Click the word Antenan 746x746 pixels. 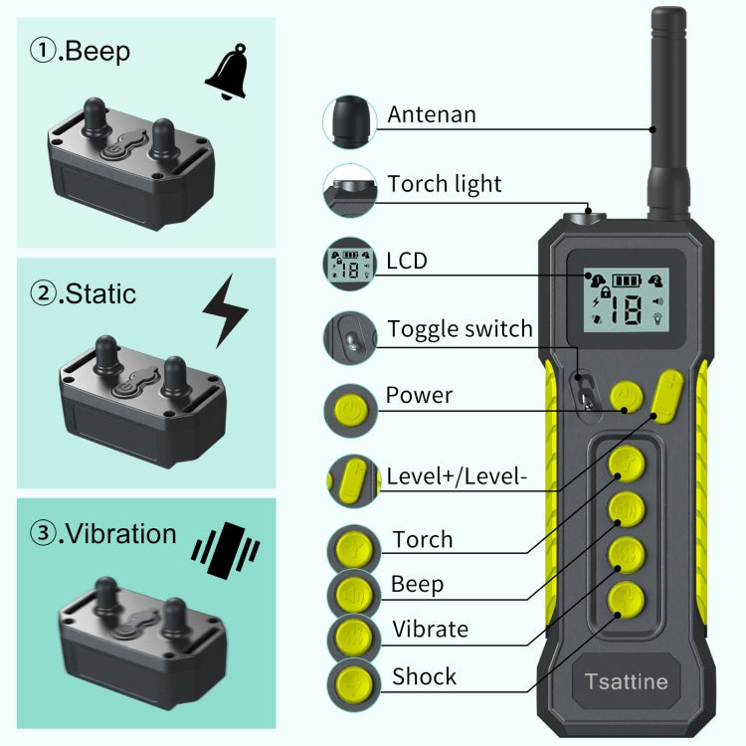coord(432,114)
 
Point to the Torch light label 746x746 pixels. coord(445,184)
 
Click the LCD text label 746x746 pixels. coord(407,261)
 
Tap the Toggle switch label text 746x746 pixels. coord(460,329)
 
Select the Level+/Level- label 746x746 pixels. coord(456,475)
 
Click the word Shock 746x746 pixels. coord(425,677)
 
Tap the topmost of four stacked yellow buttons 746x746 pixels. coord(627,463)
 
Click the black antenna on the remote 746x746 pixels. coord(667,109)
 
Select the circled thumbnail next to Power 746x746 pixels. coord(349,408)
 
